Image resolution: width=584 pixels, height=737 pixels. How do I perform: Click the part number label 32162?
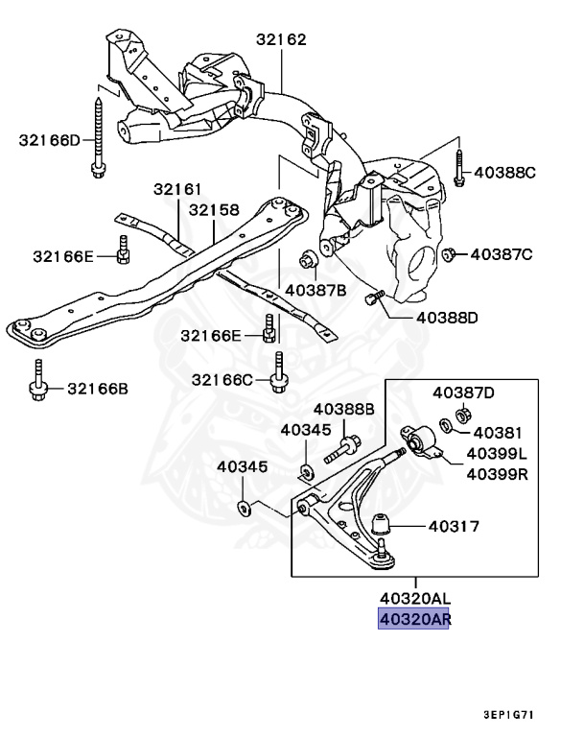coord(281,40)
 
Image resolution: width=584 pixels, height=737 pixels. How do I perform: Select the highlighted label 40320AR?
coord(415,619)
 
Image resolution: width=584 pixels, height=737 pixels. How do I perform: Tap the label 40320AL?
coord(415,598)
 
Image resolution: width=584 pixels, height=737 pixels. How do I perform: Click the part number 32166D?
coord(50,141)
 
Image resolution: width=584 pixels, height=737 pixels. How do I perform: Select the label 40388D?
coord(446,318)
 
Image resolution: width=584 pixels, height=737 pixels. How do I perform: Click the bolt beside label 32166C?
coord(277,375)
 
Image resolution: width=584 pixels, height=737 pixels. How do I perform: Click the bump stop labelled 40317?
coord(384,526)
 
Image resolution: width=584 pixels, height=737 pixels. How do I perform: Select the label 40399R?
coord(498,473)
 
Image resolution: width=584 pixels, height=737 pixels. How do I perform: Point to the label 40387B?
coord(309,288)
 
